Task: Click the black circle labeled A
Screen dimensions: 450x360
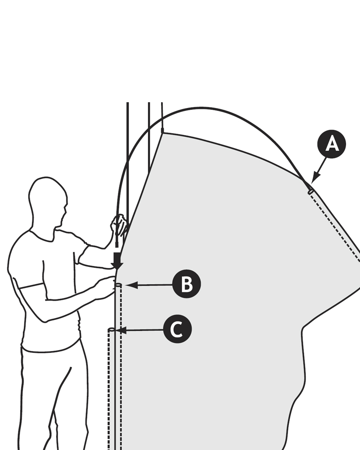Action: coord(332,144)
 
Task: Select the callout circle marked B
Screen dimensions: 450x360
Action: coord(186,284)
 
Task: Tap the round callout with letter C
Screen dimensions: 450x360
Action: coord(177,329)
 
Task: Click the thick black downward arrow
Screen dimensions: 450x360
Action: coord(117,261)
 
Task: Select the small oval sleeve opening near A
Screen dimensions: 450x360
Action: coord(310,192)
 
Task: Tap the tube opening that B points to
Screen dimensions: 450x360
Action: coord(118,285)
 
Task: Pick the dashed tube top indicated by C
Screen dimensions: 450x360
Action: coord(111,330)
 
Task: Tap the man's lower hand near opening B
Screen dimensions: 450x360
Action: coord(106,288)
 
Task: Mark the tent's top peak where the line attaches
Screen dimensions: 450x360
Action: coord(162,132)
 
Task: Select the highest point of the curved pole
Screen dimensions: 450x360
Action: coord(202,108)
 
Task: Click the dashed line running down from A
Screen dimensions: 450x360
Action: coord(335,225)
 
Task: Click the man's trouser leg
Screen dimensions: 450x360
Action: coord(49,396)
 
